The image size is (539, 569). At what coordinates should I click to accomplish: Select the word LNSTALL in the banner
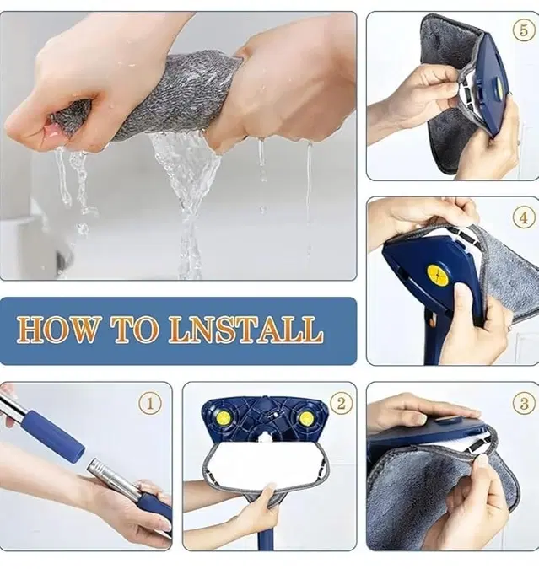pos(245,330)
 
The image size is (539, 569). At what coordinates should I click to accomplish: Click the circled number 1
pos(149,403)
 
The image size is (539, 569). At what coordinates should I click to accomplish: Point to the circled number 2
pos(340,403)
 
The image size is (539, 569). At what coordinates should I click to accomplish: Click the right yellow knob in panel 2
pos(305,417)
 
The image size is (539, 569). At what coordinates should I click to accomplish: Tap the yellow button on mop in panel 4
pos(437,274)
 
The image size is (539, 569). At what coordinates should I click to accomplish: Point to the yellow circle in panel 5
pos(499,85)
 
